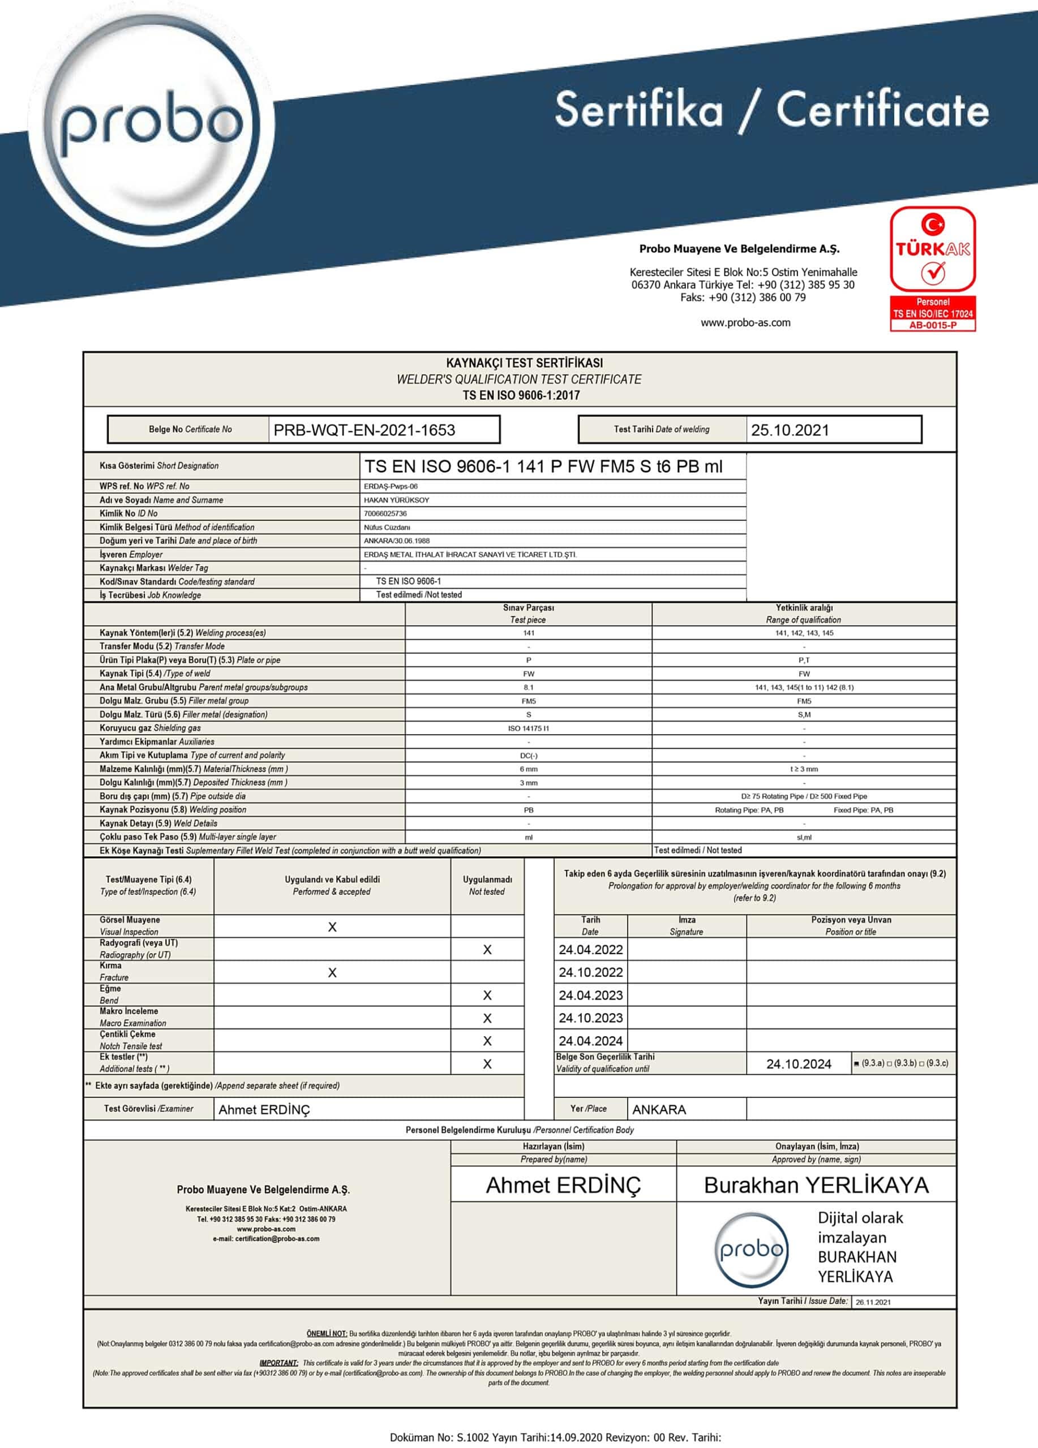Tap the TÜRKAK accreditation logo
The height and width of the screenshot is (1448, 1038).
[933, 268]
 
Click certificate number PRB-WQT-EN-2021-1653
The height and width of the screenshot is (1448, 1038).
[364, 430]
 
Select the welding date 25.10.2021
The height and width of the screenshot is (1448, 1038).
[790, 430]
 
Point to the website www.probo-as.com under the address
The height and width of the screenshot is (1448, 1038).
[745, 322]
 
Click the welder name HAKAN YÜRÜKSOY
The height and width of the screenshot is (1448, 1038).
[396, 500]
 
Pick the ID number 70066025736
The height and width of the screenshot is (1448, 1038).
[385, 514]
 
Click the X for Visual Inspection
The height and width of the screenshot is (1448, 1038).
[332, 927]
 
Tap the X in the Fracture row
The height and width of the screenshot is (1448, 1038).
[332, 972]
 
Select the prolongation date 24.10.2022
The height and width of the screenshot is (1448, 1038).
[590, 972]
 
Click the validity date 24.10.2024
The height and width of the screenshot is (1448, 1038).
[799, 1063]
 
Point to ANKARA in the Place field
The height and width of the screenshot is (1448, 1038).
[659, 1110]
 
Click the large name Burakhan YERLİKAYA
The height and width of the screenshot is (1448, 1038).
[816, 1185]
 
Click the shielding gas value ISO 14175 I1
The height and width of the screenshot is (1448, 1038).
[528, 729]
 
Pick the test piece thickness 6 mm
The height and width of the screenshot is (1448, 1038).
[528, 769]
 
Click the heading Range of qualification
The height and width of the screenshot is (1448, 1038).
[803, 620]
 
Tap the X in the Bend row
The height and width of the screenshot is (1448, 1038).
[487, 996]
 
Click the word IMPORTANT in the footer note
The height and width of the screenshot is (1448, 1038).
[278, 1362]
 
